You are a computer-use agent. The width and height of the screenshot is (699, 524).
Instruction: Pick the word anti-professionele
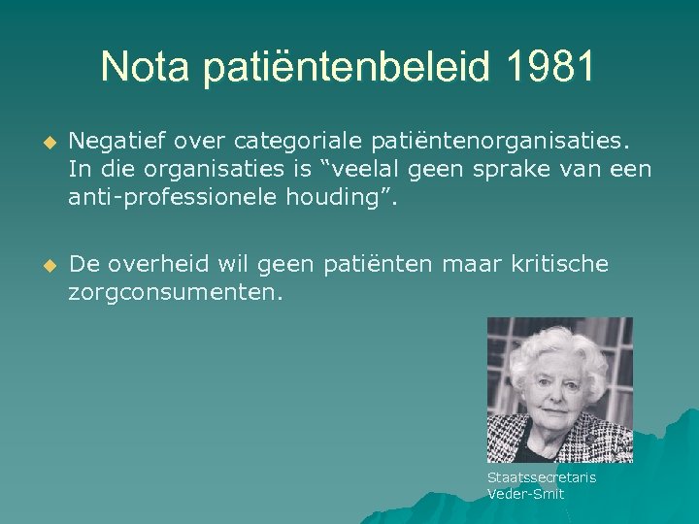[x=179, y=198]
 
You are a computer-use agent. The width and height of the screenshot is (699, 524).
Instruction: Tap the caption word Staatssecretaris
[x=541, y=477]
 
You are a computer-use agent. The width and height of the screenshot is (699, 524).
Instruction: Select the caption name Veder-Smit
[x=525, y=494]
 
